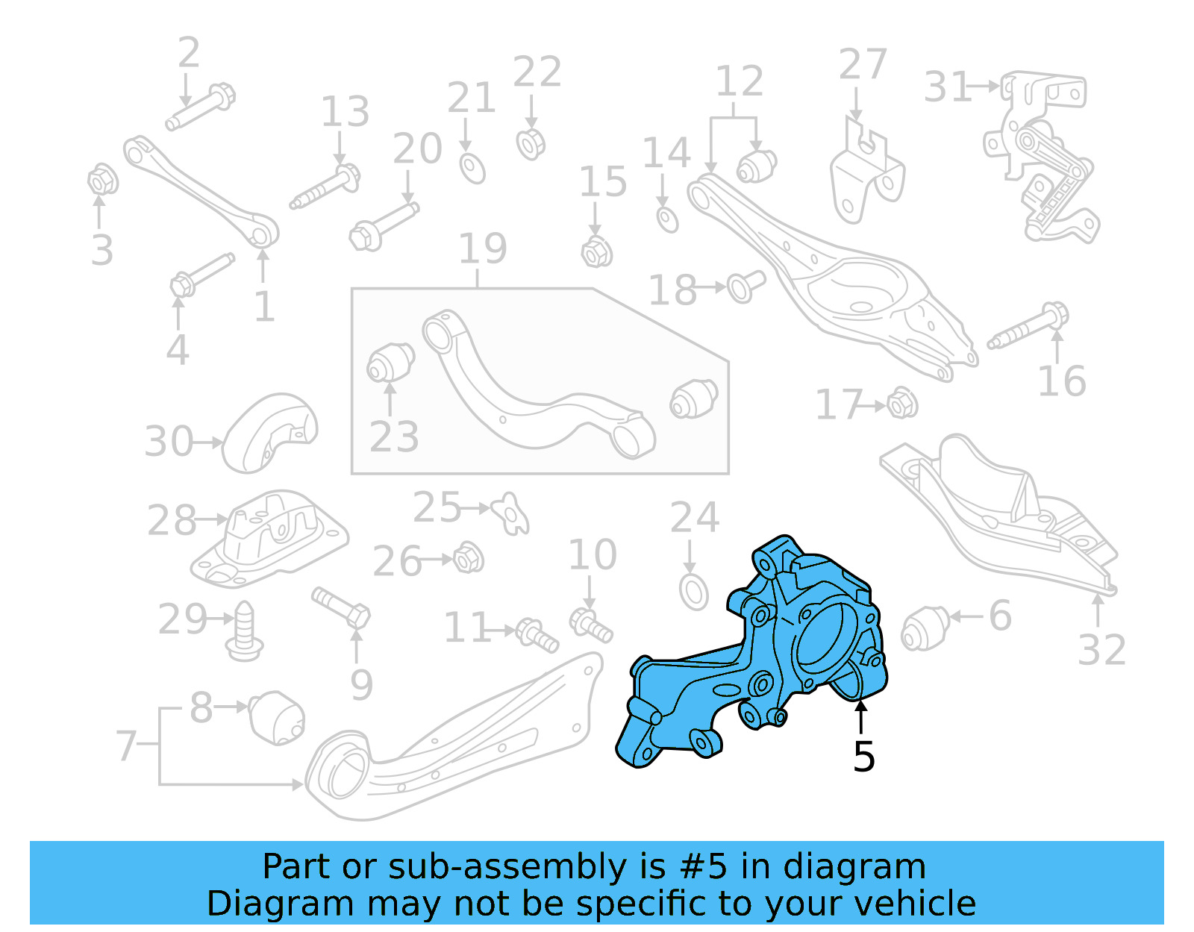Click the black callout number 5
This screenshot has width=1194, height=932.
pos(863,757)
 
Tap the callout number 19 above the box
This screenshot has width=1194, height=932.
pos(482,248)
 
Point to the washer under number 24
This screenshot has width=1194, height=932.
pos(694,592)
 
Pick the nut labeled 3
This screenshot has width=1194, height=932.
pos(101,180)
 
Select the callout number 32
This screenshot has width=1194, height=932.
pos(1101,650)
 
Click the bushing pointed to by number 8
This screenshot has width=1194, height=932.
pos(276,718)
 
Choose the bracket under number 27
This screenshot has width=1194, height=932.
pos(866,177)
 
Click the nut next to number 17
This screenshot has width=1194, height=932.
pos(901,404)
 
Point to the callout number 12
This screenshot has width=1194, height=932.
pos(739,81)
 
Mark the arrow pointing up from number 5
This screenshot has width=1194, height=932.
pos(862,717)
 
